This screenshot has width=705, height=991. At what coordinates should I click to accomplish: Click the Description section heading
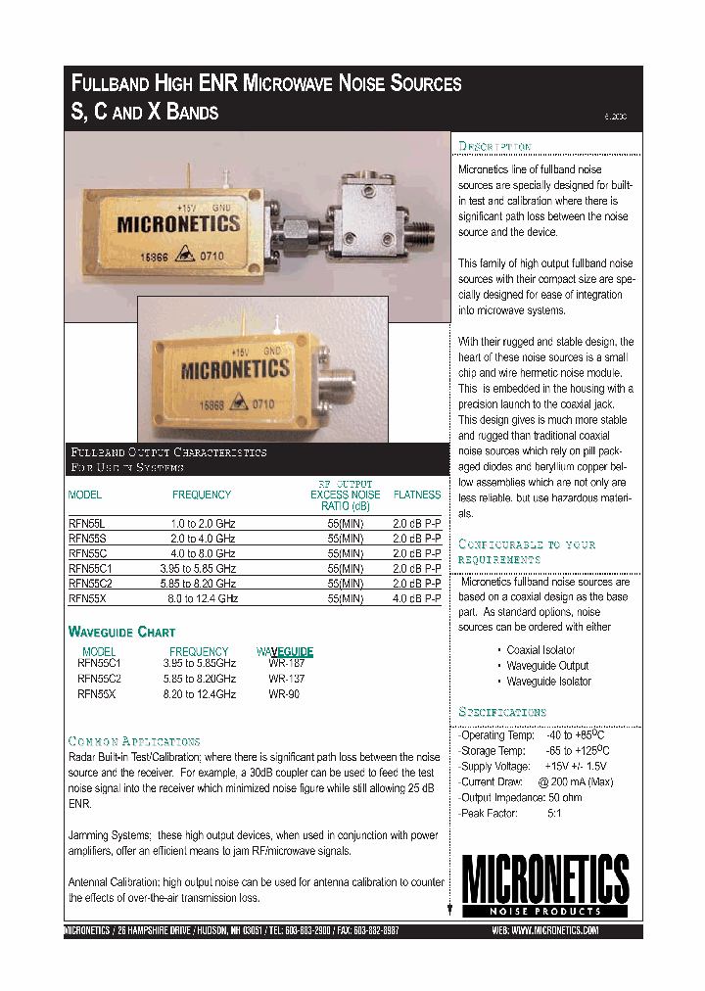(x=494, y=147)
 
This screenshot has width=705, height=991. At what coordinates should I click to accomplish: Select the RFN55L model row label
(x=85, y=524)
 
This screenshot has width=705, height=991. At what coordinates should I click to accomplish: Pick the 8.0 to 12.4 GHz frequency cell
(x=203, y=597)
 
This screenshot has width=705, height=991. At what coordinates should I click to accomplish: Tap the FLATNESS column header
(x=416, y=495)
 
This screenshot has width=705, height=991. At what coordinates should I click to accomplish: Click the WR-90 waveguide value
(x=284, y=694)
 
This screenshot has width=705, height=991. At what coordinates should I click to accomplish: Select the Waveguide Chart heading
(x=121, y=632)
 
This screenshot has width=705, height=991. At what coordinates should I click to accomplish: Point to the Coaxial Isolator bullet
(x=540, y=650)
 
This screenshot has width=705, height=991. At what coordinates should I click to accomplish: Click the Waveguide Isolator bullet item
(x=548, y=682)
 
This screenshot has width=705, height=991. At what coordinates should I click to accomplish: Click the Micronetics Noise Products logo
(x=545, y=884)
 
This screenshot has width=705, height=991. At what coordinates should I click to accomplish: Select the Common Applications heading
(x=134, y=741)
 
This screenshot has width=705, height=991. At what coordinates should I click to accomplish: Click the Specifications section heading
(x=502, y=712)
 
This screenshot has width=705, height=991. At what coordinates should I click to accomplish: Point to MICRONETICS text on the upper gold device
(x=178, y=224)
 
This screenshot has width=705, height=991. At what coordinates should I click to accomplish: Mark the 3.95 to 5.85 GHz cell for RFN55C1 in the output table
(x=198, y=568)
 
